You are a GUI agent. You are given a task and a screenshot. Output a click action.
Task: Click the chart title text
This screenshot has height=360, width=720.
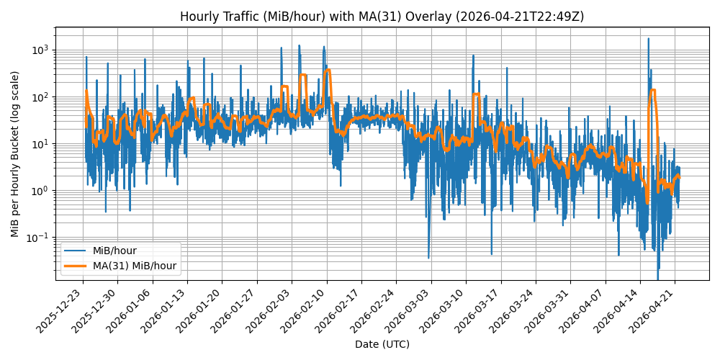pos(382,16)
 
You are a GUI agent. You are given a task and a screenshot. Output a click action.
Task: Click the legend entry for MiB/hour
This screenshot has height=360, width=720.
pos(114,251)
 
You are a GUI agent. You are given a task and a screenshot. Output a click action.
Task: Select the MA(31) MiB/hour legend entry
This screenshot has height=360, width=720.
pos(134,266)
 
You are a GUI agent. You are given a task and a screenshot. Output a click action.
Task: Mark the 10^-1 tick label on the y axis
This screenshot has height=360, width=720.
pos(37,238)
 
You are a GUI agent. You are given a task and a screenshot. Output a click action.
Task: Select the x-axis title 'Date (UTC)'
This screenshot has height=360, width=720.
pos(382,344)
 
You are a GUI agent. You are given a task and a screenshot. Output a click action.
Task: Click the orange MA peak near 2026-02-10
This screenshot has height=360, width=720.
pos(328,71)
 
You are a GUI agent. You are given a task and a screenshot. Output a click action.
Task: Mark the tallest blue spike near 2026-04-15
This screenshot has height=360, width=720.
pos(648,39)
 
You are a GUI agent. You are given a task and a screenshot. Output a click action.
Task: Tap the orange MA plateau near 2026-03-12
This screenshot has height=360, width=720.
pos(476,94)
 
